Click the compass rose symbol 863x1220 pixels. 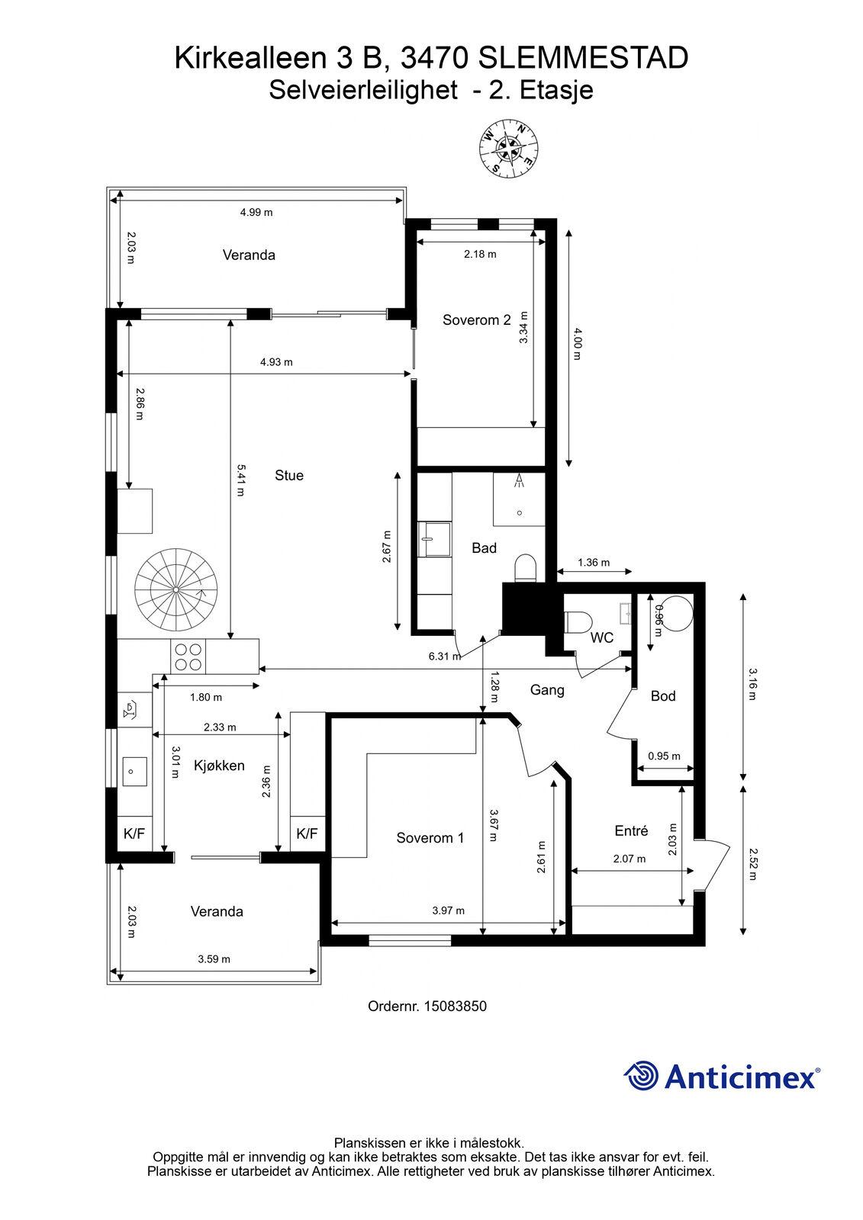509,148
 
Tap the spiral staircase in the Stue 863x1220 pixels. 176,590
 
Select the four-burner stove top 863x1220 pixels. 188,657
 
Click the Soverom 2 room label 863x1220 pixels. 476,319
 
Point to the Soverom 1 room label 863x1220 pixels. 430,838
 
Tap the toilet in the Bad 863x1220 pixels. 526,569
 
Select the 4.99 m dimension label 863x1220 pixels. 256,213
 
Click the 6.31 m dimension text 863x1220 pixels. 445,657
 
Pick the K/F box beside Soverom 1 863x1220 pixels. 307,833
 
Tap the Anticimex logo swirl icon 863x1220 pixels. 641,1075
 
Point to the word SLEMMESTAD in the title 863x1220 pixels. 583,58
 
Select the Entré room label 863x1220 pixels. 631,830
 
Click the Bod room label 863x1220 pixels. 663,695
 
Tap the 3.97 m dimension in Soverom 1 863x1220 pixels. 448,910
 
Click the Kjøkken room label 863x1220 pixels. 219,766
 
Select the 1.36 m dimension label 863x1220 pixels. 594,562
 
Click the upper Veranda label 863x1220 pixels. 249,255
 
